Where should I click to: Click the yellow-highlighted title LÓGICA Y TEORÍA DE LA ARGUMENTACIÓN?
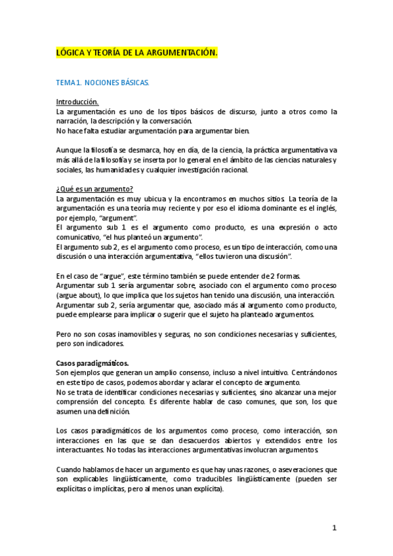coord(136,52)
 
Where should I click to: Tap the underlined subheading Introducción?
coord(77,102)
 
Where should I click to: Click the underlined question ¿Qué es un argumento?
coord(95,189)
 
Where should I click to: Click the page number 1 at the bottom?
coord(334,528)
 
